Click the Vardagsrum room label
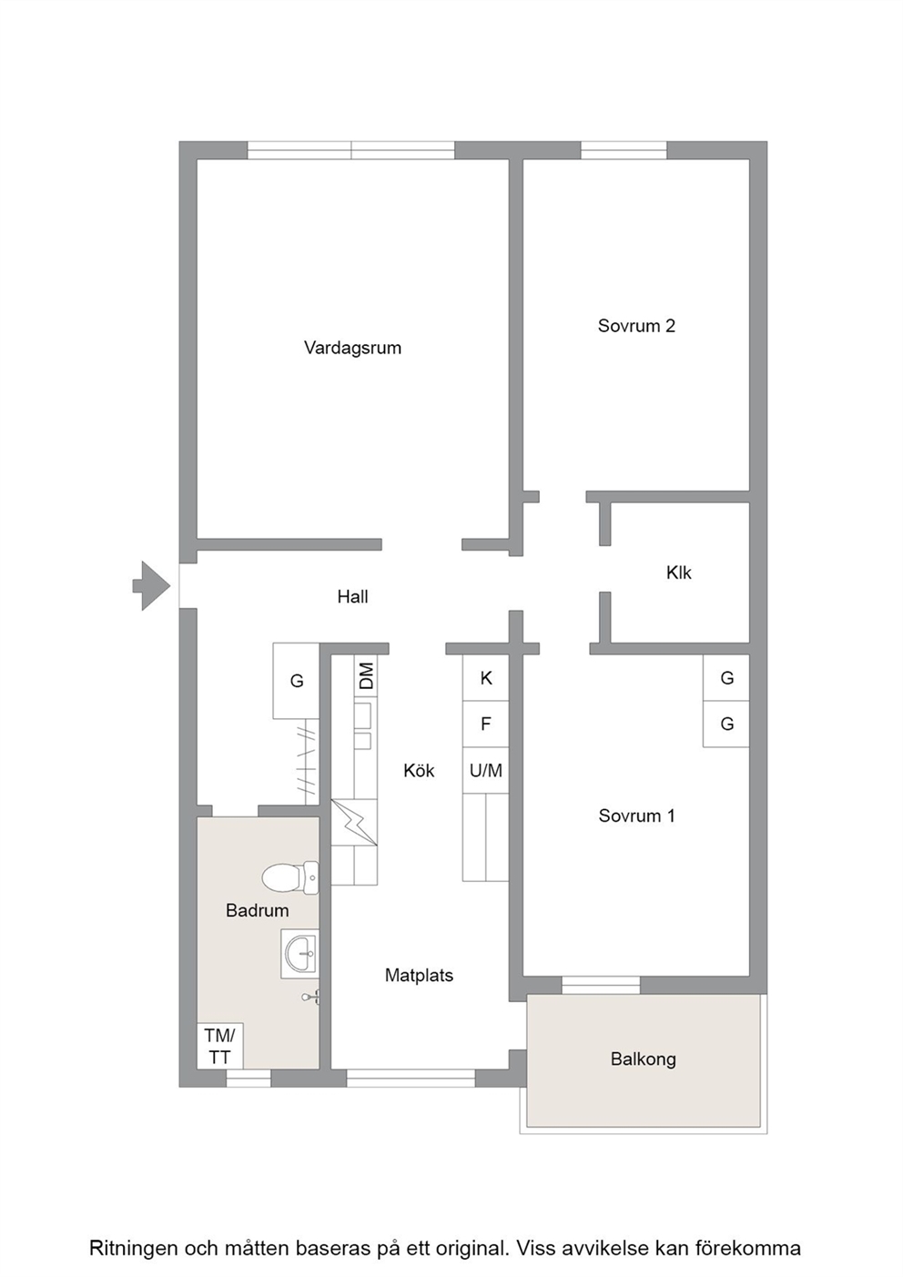[352, 348]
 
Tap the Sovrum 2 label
[636, 326]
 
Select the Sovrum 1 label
[636, 816]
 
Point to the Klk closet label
[678, 573]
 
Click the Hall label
[352, 597]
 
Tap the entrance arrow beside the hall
[152, 585]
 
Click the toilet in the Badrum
[290, 877]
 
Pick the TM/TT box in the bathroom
[220, 1046]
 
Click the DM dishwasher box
[365, 675]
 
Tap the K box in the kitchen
[486, 678]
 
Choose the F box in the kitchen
[486, 724]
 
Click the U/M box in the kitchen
[486, 770]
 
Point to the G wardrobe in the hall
[296, 681]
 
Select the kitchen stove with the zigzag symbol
[354, 822]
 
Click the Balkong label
[643, 1059]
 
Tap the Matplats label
[419, 975]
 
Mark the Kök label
[419, 771]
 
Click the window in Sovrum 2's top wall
[624, 150]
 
